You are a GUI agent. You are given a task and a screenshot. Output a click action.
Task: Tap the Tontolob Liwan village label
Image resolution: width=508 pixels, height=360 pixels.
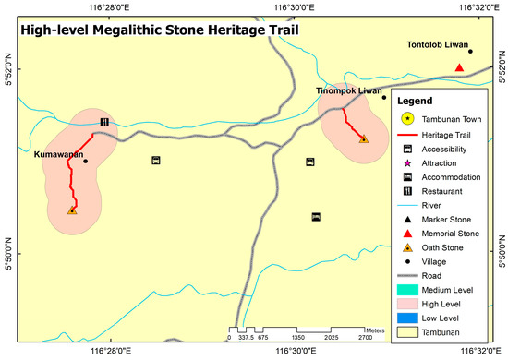pos(439,44)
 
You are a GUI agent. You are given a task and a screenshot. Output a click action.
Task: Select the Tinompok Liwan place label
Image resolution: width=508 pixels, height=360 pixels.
pos(348,90)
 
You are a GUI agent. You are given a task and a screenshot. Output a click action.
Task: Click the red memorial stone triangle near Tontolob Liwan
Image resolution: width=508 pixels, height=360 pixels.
pos(459,66)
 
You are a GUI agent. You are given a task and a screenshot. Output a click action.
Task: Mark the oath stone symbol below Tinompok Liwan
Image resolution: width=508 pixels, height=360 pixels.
pos(363,138)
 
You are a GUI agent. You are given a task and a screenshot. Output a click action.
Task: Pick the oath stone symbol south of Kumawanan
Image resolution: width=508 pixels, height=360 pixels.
pos(72,210)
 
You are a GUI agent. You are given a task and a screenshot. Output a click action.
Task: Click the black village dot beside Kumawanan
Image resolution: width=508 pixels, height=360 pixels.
pos(85,162)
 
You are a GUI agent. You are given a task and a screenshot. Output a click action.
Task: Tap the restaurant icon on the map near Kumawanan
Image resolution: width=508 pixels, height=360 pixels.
pos(104,122)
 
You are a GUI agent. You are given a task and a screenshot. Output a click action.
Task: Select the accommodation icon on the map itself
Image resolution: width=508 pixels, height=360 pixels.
pos(316,217)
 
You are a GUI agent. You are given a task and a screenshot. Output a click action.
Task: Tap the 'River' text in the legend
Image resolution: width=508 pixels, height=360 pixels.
pos(434,205)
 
